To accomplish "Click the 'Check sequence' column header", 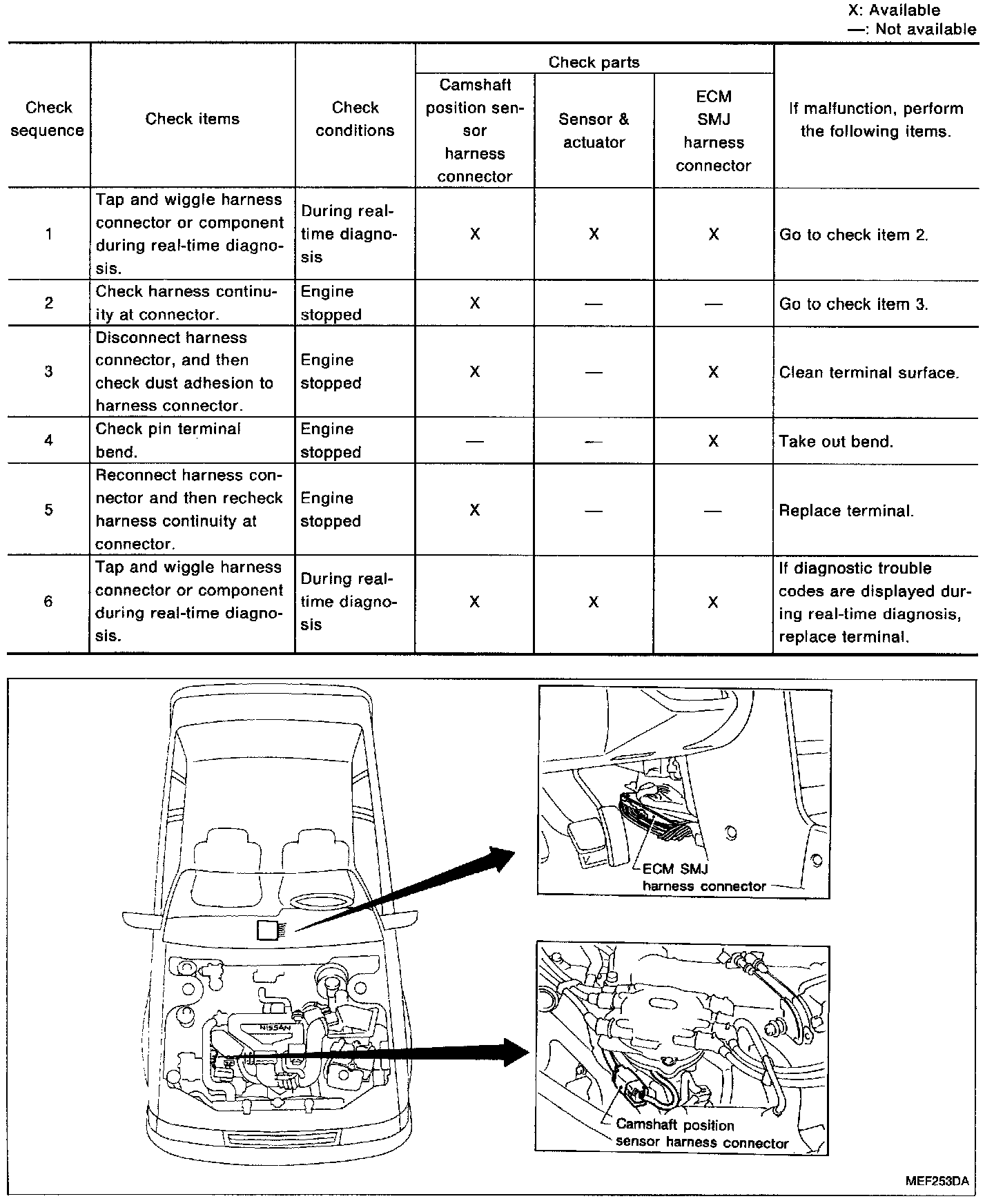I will pos(48,119).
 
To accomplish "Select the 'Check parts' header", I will pos(594,62).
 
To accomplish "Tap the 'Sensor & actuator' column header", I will pos(594,130).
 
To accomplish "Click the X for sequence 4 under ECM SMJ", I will pos(713,441).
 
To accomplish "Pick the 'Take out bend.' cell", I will pos(836,442).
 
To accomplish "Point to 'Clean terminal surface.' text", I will pos(869,373).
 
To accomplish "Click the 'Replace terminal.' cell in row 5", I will pos(846,511).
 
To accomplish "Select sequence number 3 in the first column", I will pos(48,371).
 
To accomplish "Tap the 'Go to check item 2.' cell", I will pos(854,235).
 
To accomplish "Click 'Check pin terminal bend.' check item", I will pos(168,440).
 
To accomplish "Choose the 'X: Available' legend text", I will pos(894,10).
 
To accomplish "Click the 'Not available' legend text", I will pos(925,29).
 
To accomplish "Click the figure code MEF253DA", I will pos(936,1180).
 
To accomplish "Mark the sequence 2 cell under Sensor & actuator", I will pos(594,304).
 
